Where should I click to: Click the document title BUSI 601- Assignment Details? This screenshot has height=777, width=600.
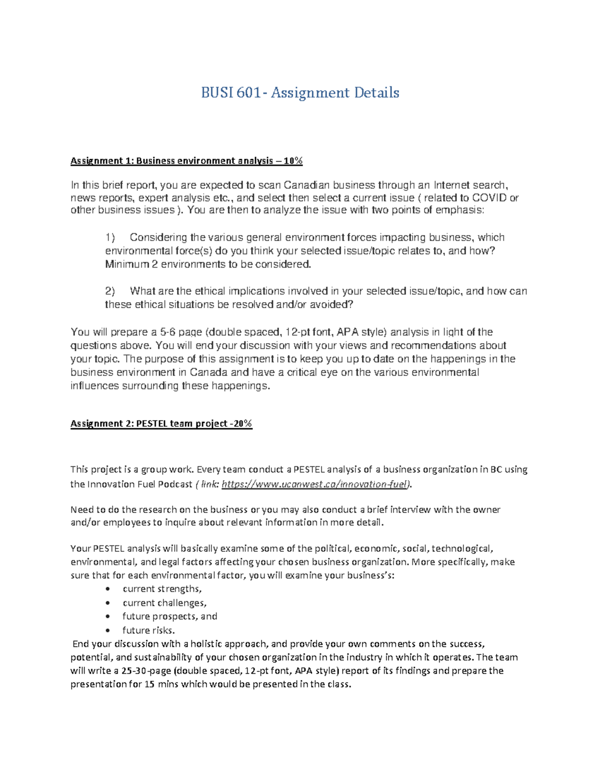300,93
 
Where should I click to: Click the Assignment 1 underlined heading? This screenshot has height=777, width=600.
186,161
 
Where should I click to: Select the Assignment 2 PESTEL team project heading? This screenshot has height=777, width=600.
161,423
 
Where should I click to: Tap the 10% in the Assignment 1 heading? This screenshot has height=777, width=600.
293,161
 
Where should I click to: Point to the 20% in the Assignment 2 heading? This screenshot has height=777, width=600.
242,423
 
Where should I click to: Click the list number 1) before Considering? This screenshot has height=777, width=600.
110,237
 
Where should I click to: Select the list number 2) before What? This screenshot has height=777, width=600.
110,291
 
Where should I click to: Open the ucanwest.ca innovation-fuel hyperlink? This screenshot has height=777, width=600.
315,484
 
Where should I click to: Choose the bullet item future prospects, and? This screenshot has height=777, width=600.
169,616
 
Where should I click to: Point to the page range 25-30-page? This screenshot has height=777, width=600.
148,670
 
